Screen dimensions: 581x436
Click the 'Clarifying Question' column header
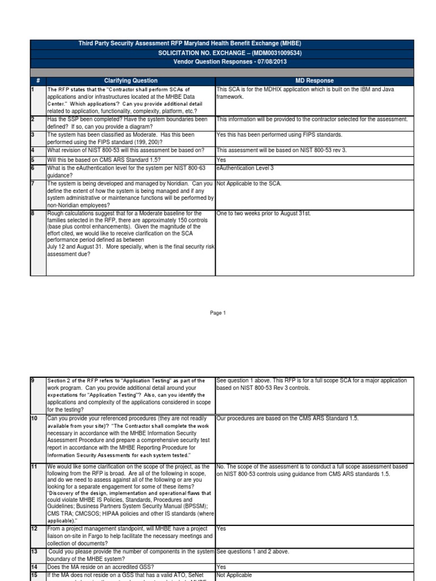tap(131, 81)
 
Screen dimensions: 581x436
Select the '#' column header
tap(37, 81)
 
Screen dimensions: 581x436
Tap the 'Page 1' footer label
tap(218, 313)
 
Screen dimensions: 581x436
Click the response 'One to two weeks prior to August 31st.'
tap(264, 213)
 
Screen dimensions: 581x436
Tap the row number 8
tap(33, 213)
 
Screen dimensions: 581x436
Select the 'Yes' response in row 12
tap(221, 528)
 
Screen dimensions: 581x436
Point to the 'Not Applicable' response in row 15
tap(234, 574)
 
